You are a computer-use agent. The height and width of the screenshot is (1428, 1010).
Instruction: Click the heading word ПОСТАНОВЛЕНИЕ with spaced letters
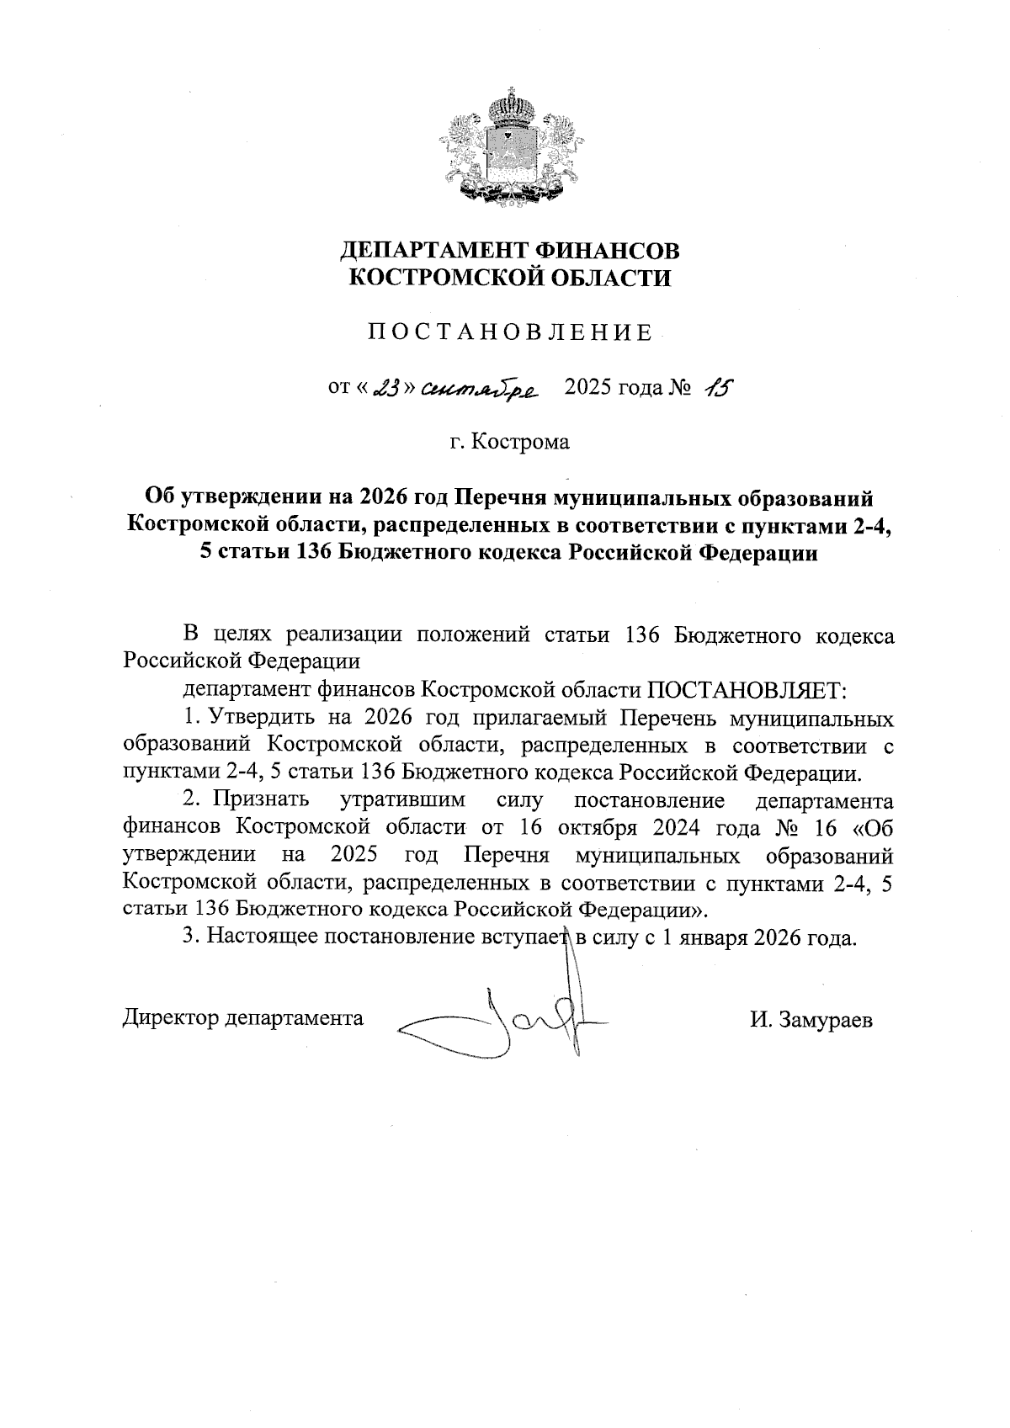[x=509, y=332]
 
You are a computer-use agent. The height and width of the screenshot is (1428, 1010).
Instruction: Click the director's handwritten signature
[x=505, y=1021]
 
